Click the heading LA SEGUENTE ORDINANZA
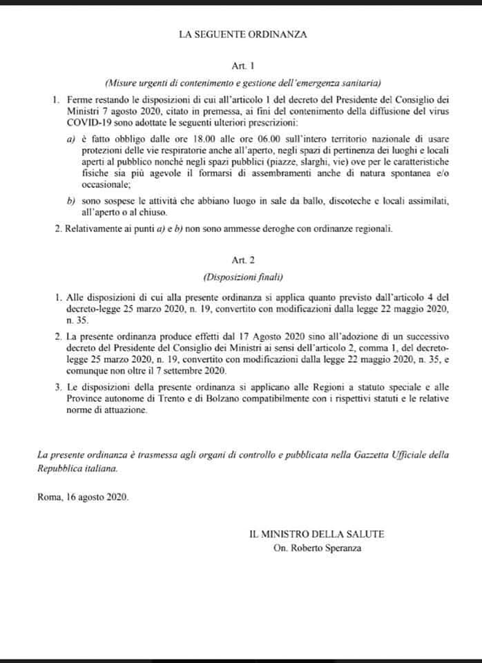pyautogui.click(x=241, y=32)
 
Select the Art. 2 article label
pyautogui.click(x=241, y=261)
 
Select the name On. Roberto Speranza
pyautogui.click(x=317, y=548)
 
